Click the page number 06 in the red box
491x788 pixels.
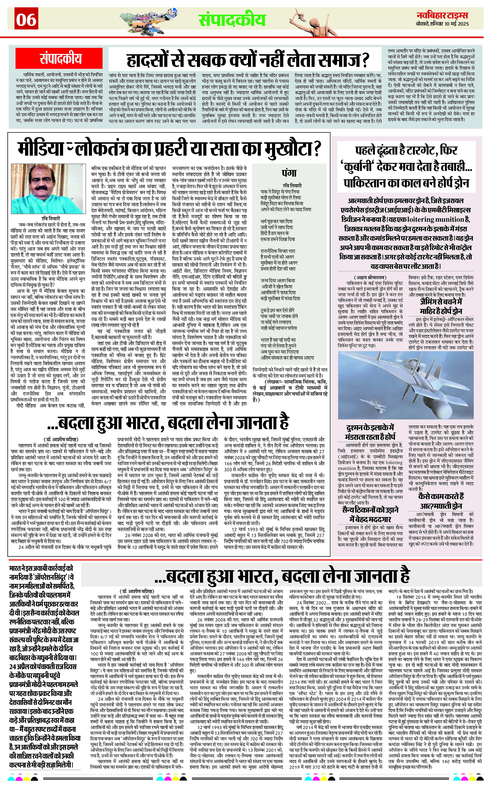click(x=26, y=20)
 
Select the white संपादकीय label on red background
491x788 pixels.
click(x=61, y=59)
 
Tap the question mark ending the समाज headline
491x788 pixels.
click(x=365, y=60)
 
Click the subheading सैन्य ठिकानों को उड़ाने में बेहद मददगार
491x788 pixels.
click(x=370, y=514)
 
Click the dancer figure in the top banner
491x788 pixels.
click(x=312, y=19)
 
